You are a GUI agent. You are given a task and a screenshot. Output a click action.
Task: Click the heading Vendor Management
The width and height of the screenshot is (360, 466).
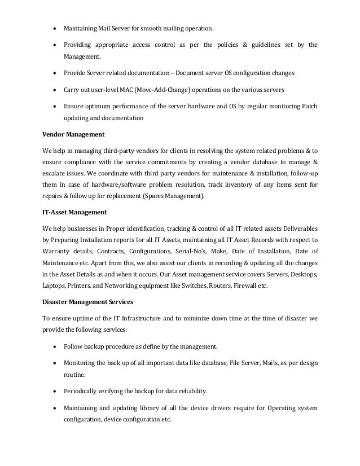72,135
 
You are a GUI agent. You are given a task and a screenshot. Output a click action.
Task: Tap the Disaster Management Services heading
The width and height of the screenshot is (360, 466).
85,302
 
